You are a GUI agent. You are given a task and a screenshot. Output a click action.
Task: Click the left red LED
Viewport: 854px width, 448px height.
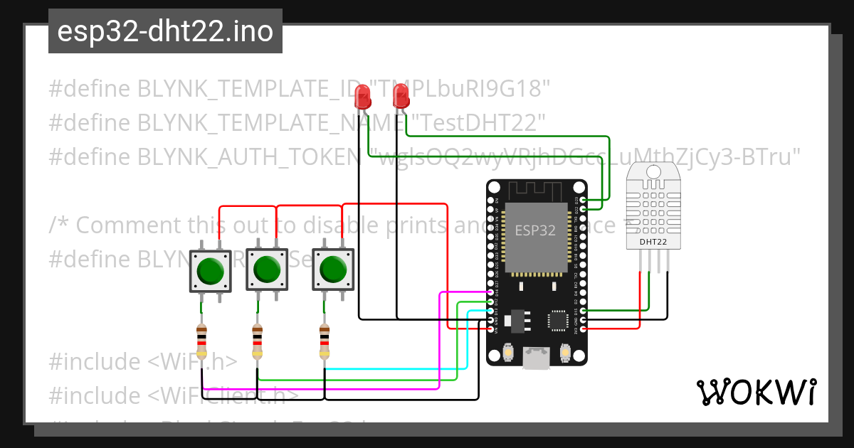[363, 96]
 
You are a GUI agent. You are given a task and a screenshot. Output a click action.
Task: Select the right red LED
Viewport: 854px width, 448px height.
[401, 95]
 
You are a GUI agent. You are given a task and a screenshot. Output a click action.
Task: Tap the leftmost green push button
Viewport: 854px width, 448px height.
[211, 270]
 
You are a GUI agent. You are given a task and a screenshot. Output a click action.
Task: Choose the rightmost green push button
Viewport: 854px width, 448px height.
[334, 270]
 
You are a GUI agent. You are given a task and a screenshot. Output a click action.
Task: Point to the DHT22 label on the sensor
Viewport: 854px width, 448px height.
[653, 242]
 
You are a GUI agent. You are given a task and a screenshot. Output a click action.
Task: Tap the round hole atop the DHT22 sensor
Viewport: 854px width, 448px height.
[653, 172]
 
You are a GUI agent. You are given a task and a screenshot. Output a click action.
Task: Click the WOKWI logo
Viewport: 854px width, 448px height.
[756, 392]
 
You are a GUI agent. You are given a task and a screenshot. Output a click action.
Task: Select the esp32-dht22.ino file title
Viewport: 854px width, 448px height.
[165, 31]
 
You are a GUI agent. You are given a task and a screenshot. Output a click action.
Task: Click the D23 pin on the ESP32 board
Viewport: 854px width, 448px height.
[584, 201]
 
